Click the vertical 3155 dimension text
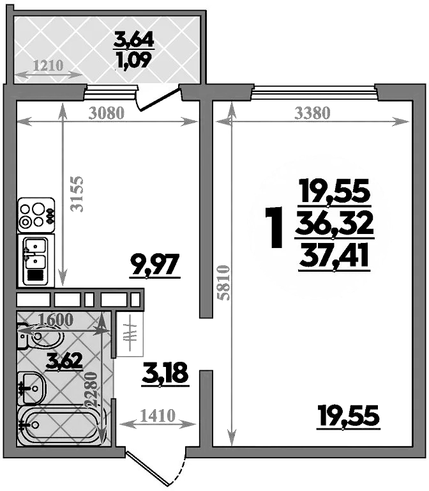[x=77, y=192]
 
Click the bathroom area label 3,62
[x=64, y=361]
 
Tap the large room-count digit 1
[x=275, y=229]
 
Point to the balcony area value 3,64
[x=133, y=40]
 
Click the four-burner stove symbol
[x=36, y=215]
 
